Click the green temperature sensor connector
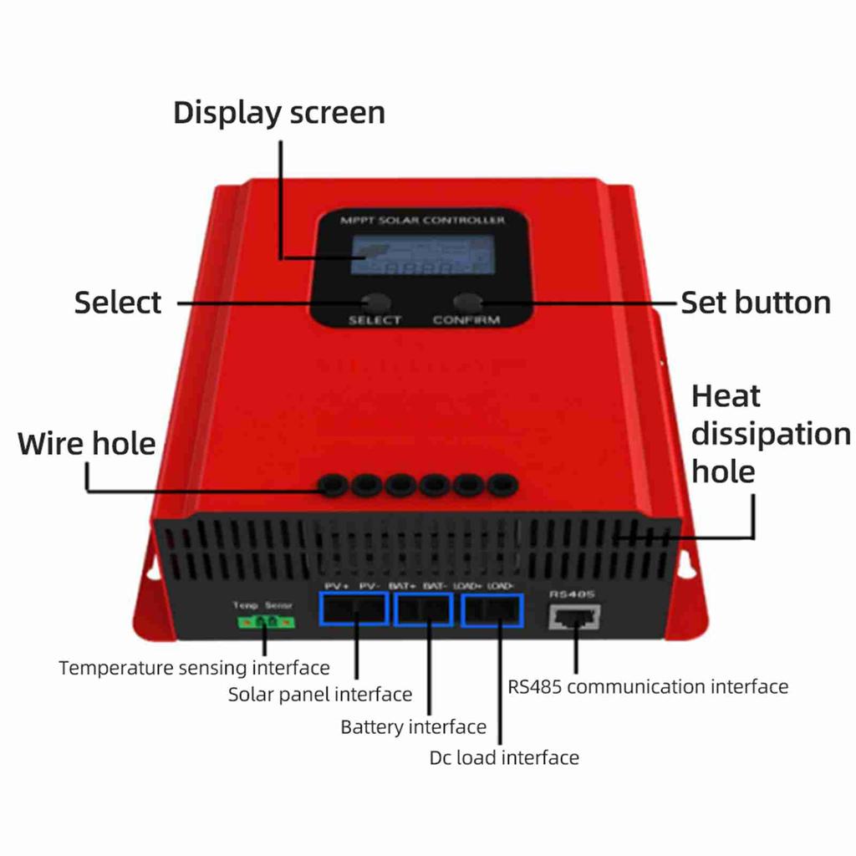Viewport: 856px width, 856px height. click(263, 621)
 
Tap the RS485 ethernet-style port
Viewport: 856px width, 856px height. click(573, 618)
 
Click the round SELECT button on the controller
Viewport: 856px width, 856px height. click(374, 303)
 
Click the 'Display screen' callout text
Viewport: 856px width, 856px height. click(279, 113)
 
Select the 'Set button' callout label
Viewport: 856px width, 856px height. click(756, 303)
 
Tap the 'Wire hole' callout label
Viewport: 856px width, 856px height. click(87, 443)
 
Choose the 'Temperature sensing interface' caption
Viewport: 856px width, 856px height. click(194, 668)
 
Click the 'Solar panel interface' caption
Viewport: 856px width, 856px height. click(320, 695)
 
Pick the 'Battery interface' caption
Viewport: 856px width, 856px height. click(413, 727)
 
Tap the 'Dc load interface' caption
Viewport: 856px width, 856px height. click(504, 758)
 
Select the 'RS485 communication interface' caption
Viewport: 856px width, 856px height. click(648, 687)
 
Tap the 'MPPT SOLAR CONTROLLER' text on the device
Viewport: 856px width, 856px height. click(422, 221)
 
